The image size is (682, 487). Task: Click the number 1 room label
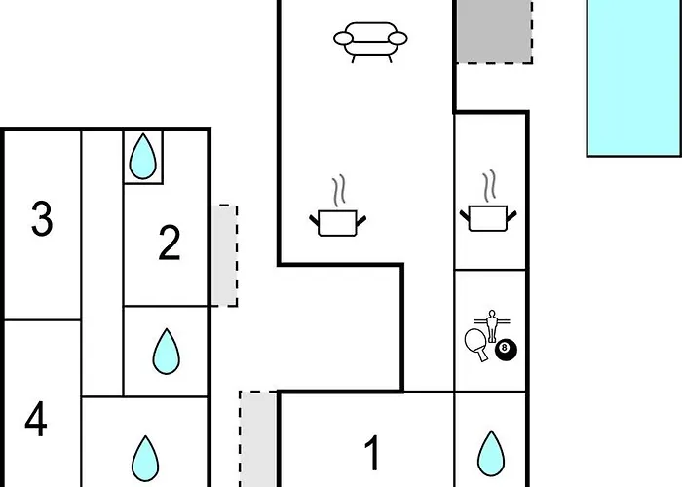pos(371,453)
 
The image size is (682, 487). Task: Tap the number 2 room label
pos(170,243)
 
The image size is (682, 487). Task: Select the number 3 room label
pos(41,219)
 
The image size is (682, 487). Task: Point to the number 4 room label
pos(36,421)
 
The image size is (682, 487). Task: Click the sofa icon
pos(370,42)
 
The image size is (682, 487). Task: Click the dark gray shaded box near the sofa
pos(494,31)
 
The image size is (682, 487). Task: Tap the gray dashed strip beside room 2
pos(225,255)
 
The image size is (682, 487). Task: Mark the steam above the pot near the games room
pos(490,184)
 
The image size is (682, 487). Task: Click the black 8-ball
pos(506,350)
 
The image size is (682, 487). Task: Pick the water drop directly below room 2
pos(167,352)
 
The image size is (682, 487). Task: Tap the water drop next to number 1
pos(490,453)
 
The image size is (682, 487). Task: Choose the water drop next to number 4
pos(145,455)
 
